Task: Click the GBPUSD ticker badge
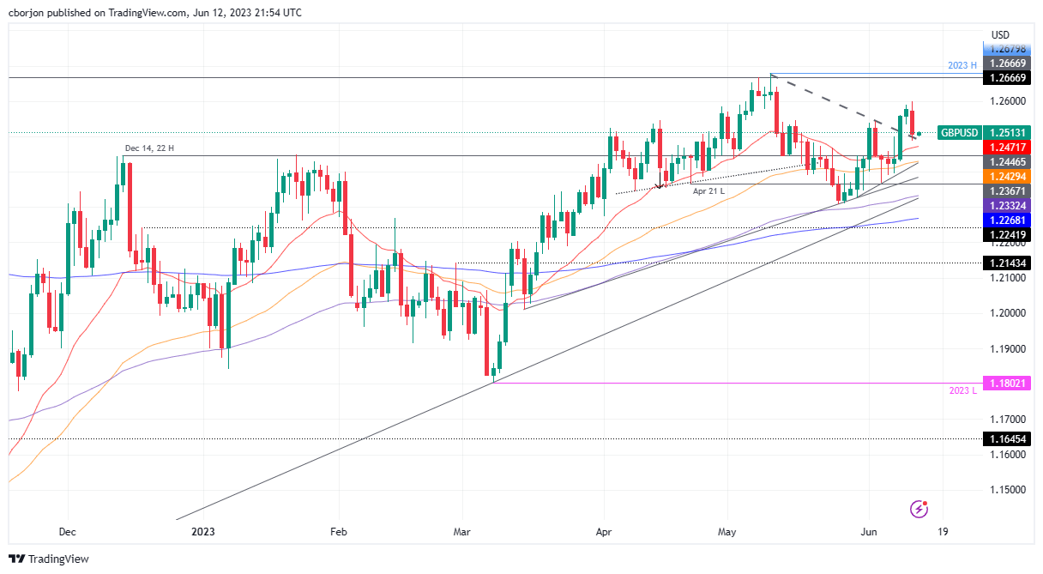click(x=959, y=133)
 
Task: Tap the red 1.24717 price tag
click(x=1008, y=148)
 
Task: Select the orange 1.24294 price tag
click(x=1008, y=176)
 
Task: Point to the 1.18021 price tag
click(x=1008, y=383)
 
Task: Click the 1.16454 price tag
click(x=1008, y=438)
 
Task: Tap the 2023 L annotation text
click(x=962, y=391)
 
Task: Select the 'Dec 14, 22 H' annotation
click(x=150, y=148)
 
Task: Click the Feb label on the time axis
click(x=338, y=532)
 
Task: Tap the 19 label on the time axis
click(x=943, y=532)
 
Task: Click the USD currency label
click(x=1000, y=35)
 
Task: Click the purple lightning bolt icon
click(x=919, y=509)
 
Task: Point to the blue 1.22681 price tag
click(x=1008, y=219)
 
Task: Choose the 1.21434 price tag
click(x=1008, y=263)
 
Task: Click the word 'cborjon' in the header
click(x=26, y=13)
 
